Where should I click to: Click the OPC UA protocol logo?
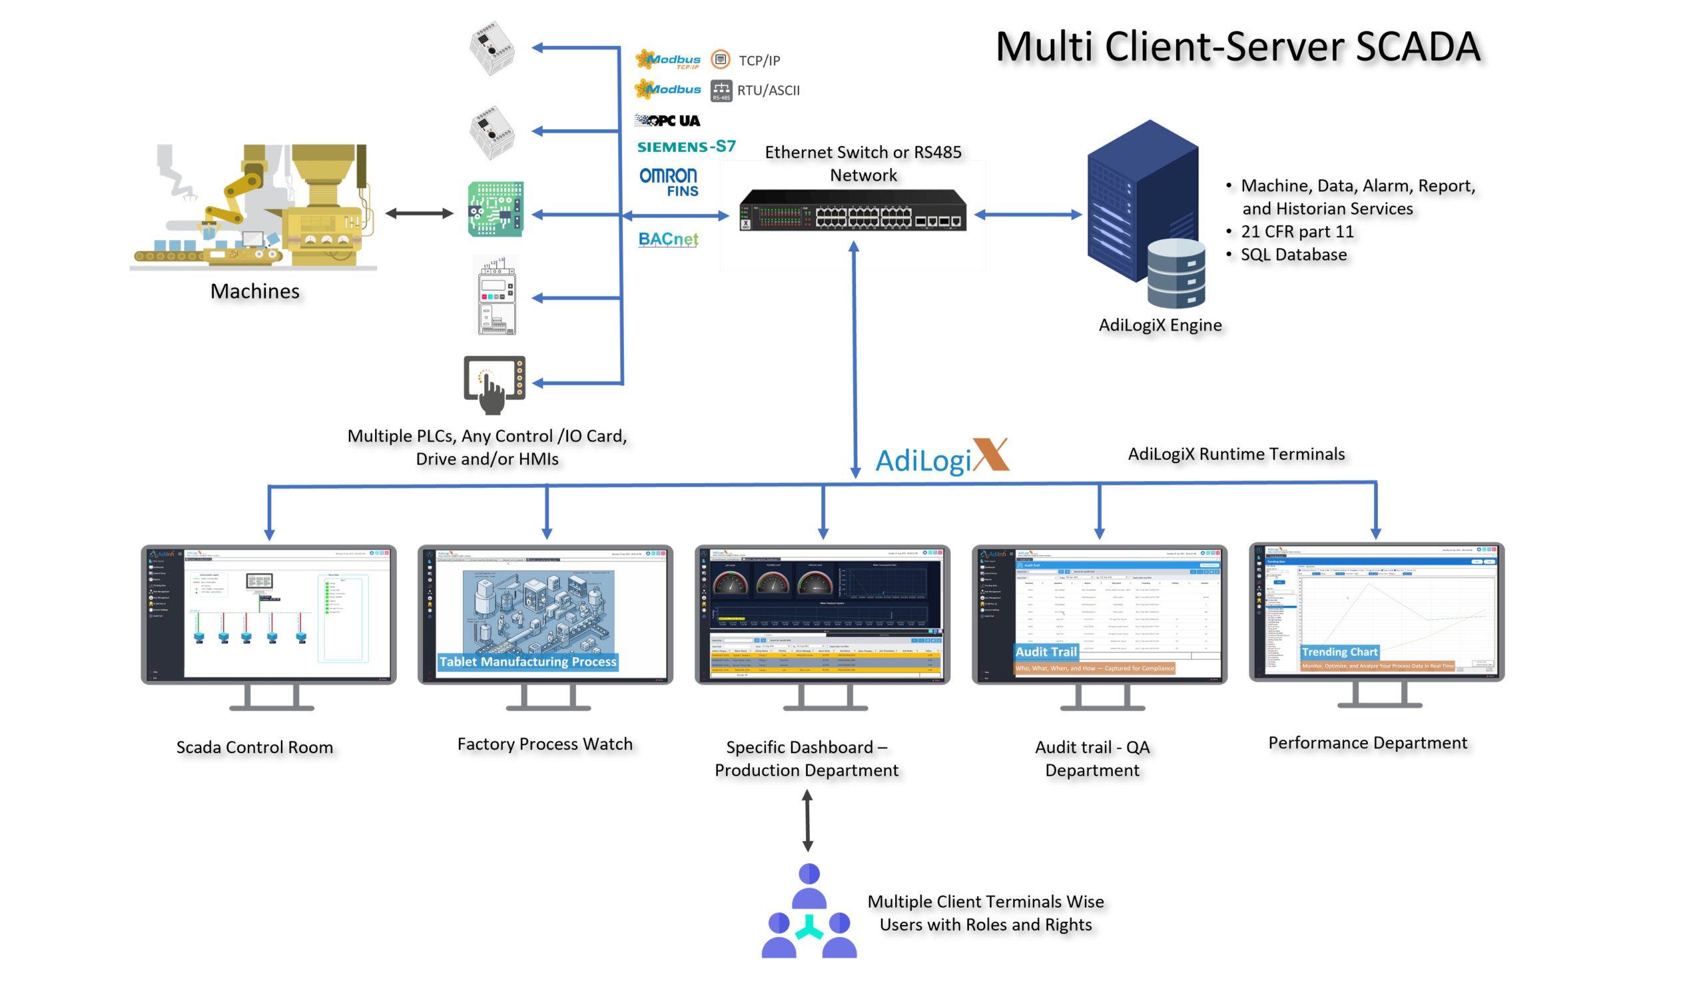coord(667,121)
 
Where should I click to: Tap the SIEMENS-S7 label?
coord(686,147)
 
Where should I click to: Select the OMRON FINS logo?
coord(669,182)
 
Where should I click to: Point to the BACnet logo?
coord(668,239)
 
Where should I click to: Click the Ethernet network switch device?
coord(852,211)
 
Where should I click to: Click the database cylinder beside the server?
coord(1176,274)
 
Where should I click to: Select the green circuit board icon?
coord(496,209)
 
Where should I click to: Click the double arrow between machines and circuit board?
coord(419,213)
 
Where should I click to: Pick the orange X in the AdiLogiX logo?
coord(990,455)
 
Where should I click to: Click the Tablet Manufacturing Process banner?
coord(527,661)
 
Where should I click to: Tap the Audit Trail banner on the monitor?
coord(1046,652)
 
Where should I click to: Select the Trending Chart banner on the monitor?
coord(1339,652)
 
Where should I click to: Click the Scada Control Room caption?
coord(254,747)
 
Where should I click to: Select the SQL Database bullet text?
coord(1293,255)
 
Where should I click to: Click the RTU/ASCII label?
coord(768,90)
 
